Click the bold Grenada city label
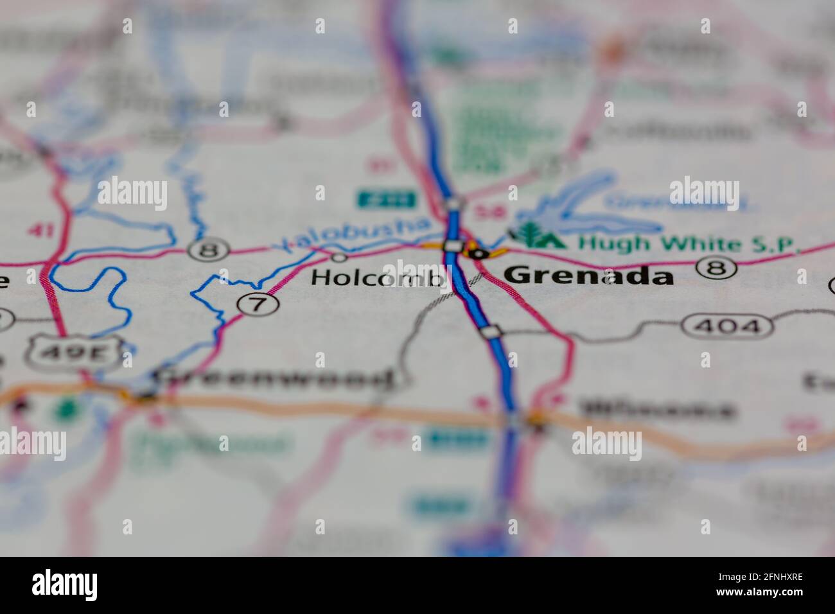(x=588, y=276)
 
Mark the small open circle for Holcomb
(x=339, y=258)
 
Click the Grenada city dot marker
(x=477, y=253)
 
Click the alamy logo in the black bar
(x=65, y=584)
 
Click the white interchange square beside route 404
(x=491, y=331)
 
